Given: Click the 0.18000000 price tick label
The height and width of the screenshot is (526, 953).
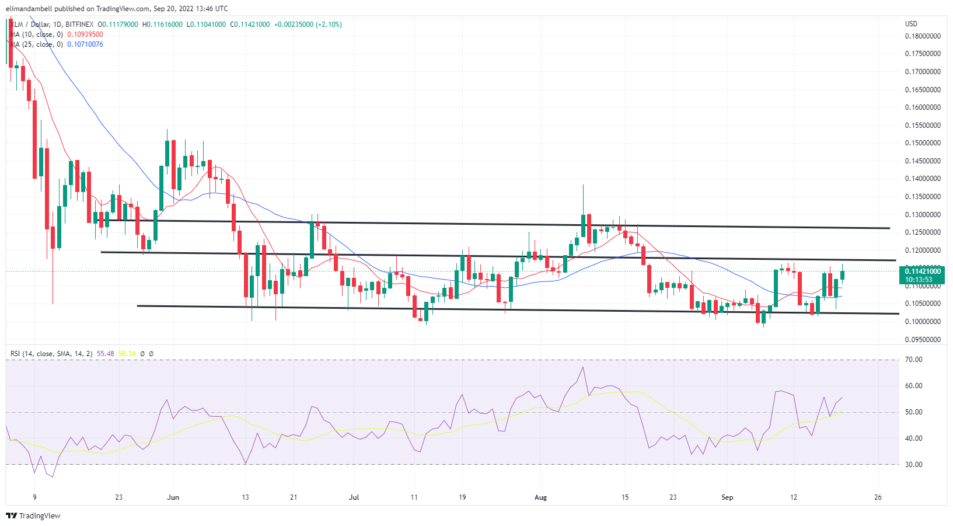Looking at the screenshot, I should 922,36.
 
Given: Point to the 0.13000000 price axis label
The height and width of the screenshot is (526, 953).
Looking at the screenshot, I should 922,215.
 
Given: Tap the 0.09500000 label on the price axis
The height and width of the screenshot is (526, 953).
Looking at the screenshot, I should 922,340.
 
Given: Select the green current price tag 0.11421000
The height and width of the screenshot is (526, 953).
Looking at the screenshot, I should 922,271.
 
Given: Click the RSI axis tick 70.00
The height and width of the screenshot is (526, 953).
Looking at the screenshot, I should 913,360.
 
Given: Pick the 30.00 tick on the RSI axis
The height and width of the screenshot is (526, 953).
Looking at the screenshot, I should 913,465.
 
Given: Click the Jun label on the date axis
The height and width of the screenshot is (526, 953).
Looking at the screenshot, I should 173,497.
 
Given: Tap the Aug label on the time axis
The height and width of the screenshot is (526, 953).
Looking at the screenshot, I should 541,497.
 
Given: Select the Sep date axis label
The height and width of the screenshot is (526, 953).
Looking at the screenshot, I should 727,497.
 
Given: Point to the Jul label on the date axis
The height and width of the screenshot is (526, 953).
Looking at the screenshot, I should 354,497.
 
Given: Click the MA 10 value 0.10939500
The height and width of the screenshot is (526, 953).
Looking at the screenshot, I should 85,34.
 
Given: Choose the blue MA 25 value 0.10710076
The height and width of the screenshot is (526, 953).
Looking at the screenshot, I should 85,44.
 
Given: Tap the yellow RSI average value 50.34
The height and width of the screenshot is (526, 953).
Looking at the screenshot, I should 127,354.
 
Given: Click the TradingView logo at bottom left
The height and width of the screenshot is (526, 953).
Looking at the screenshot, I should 33,516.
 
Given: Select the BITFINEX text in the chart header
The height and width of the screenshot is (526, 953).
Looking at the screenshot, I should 79,25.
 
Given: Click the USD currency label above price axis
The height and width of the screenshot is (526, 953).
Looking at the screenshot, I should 911,24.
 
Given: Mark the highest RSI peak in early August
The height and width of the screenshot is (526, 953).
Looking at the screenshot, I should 582,367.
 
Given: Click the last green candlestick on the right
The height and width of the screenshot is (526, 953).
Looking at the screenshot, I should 842,274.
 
